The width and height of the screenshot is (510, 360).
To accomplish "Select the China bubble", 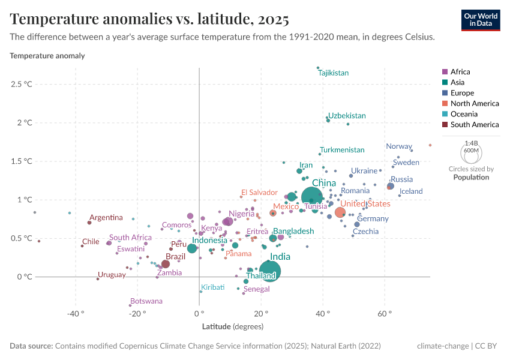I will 312,197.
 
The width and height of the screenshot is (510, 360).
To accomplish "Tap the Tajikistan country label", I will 333,73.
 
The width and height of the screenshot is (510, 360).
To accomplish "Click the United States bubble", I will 340,212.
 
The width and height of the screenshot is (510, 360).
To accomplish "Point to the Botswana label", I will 146,301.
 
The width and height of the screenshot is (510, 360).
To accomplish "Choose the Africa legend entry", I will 460,71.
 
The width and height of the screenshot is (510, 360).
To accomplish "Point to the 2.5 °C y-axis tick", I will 21,84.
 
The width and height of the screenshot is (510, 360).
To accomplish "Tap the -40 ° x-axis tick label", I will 74,313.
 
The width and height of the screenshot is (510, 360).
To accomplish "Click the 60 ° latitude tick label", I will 385,313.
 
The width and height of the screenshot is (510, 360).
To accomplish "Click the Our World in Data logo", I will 480,19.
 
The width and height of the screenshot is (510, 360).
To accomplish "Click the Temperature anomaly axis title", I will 47,56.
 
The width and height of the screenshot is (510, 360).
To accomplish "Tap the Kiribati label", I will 213,287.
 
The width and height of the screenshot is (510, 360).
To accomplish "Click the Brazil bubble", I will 166,264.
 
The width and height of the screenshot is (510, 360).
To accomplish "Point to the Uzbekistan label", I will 347,115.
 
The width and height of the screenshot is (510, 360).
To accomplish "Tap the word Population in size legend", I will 471,177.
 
